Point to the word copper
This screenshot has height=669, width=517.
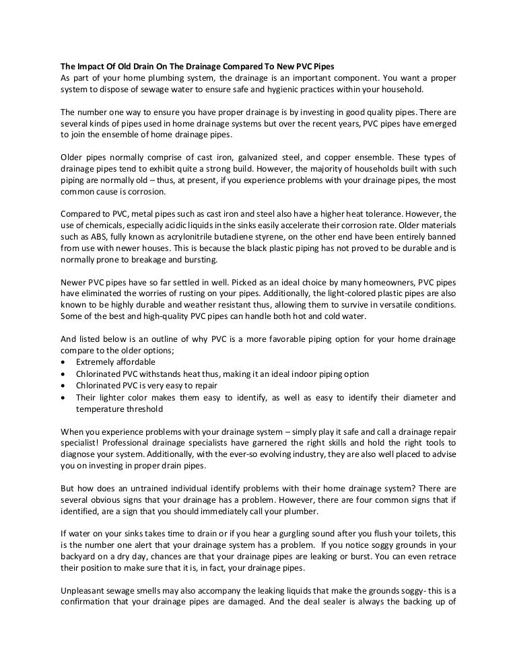coord(344,157)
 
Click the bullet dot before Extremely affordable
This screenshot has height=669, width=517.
coord(63,361)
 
